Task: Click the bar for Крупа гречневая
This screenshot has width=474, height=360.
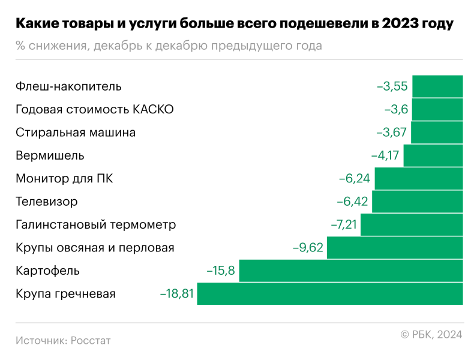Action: click(330, 294)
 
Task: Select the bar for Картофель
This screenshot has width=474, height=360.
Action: click(351, 271)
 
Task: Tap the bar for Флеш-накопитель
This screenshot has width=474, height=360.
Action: click(437, 86)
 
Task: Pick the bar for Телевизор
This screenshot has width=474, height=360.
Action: click(418, 202)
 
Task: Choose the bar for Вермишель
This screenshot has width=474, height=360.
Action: click(433, 155)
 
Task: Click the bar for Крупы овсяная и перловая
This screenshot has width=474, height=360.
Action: click(395, 248)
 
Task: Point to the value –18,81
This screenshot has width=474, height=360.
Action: click(176, 294)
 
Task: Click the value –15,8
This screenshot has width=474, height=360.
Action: click(221, 271)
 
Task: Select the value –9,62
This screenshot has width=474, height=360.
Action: click(307, 248)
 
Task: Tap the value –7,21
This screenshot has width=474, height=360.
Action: click(344, 225)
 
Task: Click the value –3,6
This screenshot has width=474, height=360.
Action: click(396, 109)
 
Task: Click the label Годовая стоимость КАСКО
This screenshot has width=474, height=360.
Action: click(95, 109)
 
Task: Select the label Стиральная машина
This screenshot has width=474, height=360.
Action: click(76, 133)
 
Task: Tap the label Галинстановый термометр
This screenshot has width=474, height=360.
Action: click(96, 225)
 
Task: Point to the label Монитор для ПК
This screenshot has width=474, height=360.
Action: click(64, 179)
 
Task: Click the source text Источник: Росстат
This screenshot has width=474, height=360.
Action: click(63, 340)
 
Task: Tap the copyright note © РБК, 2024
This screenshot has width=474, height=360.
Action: click(431, 334)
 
